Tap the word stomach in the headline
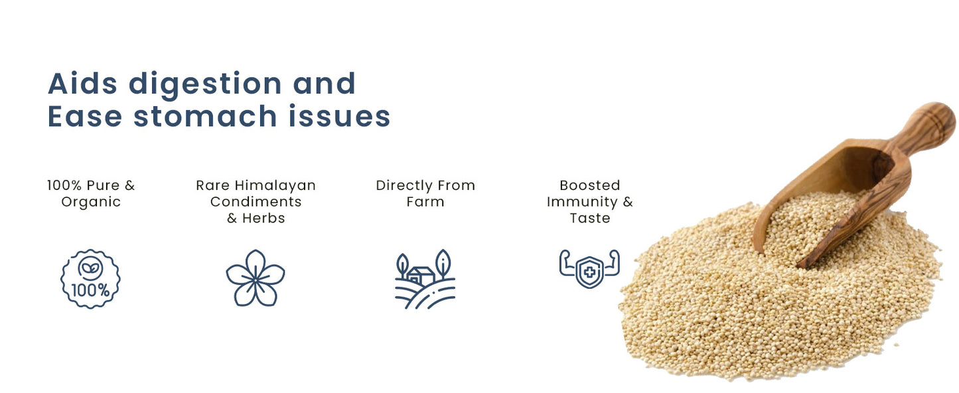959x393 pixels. tap(205, 116)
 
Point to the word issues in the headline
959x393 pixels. tap(340, 116)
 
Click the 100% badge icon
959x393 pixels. tap(90, 279)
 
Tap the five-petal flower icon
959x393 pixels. tap(256, 278)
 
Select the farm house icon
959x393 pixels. tap(425, 279)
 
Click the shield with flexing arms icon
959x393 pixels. tap(589, 268)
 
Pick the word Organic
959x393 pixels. tap(91, 202)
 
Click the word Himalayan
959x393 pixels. tap(275, 185)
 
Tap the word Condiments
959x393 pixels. tap(256, 202)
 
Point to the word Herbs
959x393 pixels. tap(263, 218)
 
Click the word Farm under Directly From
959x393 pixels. tap(425, 202)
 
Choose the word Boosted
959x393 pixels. tap(589, 185)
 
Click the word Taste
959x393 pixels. tap(589, 218)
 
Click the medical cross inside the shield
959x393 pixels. tap(589, 272)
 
